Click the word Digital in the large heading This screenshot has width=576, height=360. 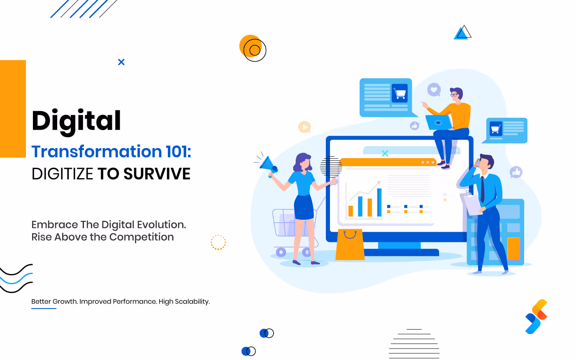click(x=77, y=121)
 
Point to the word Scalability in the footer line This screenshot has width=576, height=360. click(x=192, y=302)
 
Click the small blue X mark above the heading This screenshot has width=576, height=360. click(x=121, y=62)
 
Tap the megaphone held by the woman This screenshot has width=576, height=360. click(x=268, y=165)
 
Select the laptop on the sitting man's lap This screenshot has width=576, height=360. click(x=439, y=123)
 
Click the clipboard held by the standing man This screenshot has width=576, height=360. click(x=473, y=204)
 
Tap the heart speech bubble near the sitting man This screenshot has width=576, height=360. click(x=434, y=89)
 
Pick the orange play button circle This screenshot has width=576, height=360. click(x=304, y=127)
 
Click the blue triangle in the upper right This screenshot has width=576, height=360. click(x=462, y=33)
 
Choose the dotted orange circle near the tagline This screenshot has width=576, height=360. click(x=218, y=242)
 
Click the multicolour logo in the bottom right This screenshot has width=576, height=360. click(x=537, y=316)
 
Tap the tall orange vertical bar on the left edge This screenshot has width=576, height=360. click(x=13, y=109)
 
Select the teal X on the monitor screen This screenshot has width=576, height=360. click(x=385, y=153)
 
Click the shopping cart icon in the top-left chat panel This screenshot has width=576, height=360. click(x=399, y=93)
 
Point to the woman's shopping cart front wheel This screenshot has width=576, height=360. click(x=281, y=252)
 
